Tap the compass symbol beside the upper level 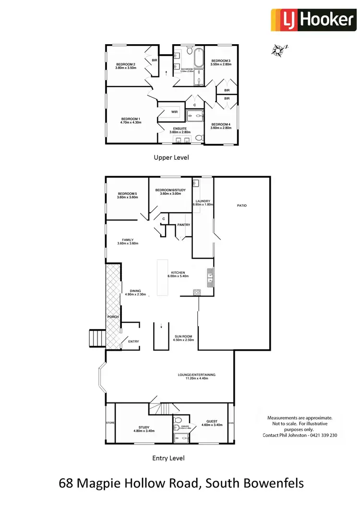click(x=278, y=49)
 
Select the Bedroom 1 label click(x=131, y=119)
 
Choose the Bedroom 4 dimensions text click(x=221, y=128)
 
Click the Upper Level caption click(x=171, y=157)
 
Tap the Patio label click(x=241, y=205)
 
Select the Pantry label click(x=184, y=225)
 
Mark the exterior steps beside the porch click(x=96, y=338)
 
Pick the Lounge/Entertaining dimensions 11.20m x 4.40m click(x=201, y=378)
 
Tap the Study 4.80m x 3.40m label click(x=144, y=429)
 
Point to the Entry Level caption click(x=168, y=458)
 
